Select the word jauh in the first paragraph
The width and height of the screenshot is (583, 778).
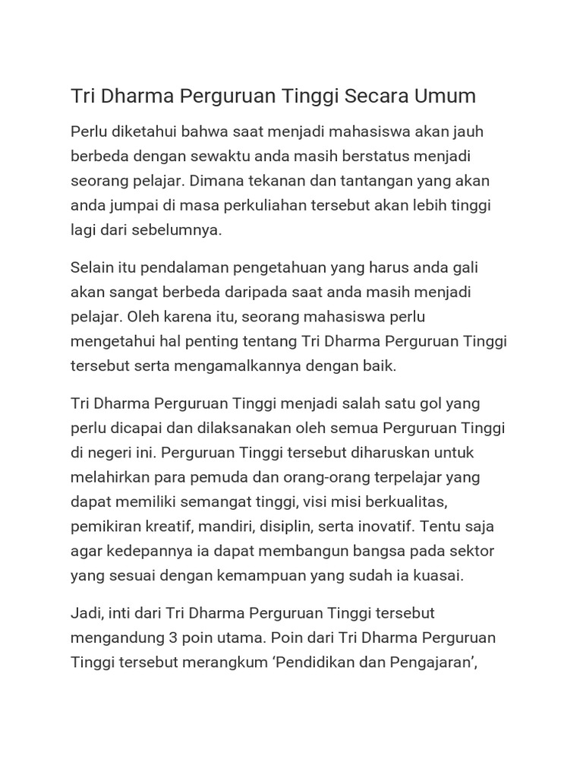point(469,132)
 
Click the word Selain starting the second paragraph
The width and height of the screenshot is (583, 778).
point(93,267)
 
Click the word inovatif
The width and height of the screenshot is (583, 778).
point(384,526)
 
